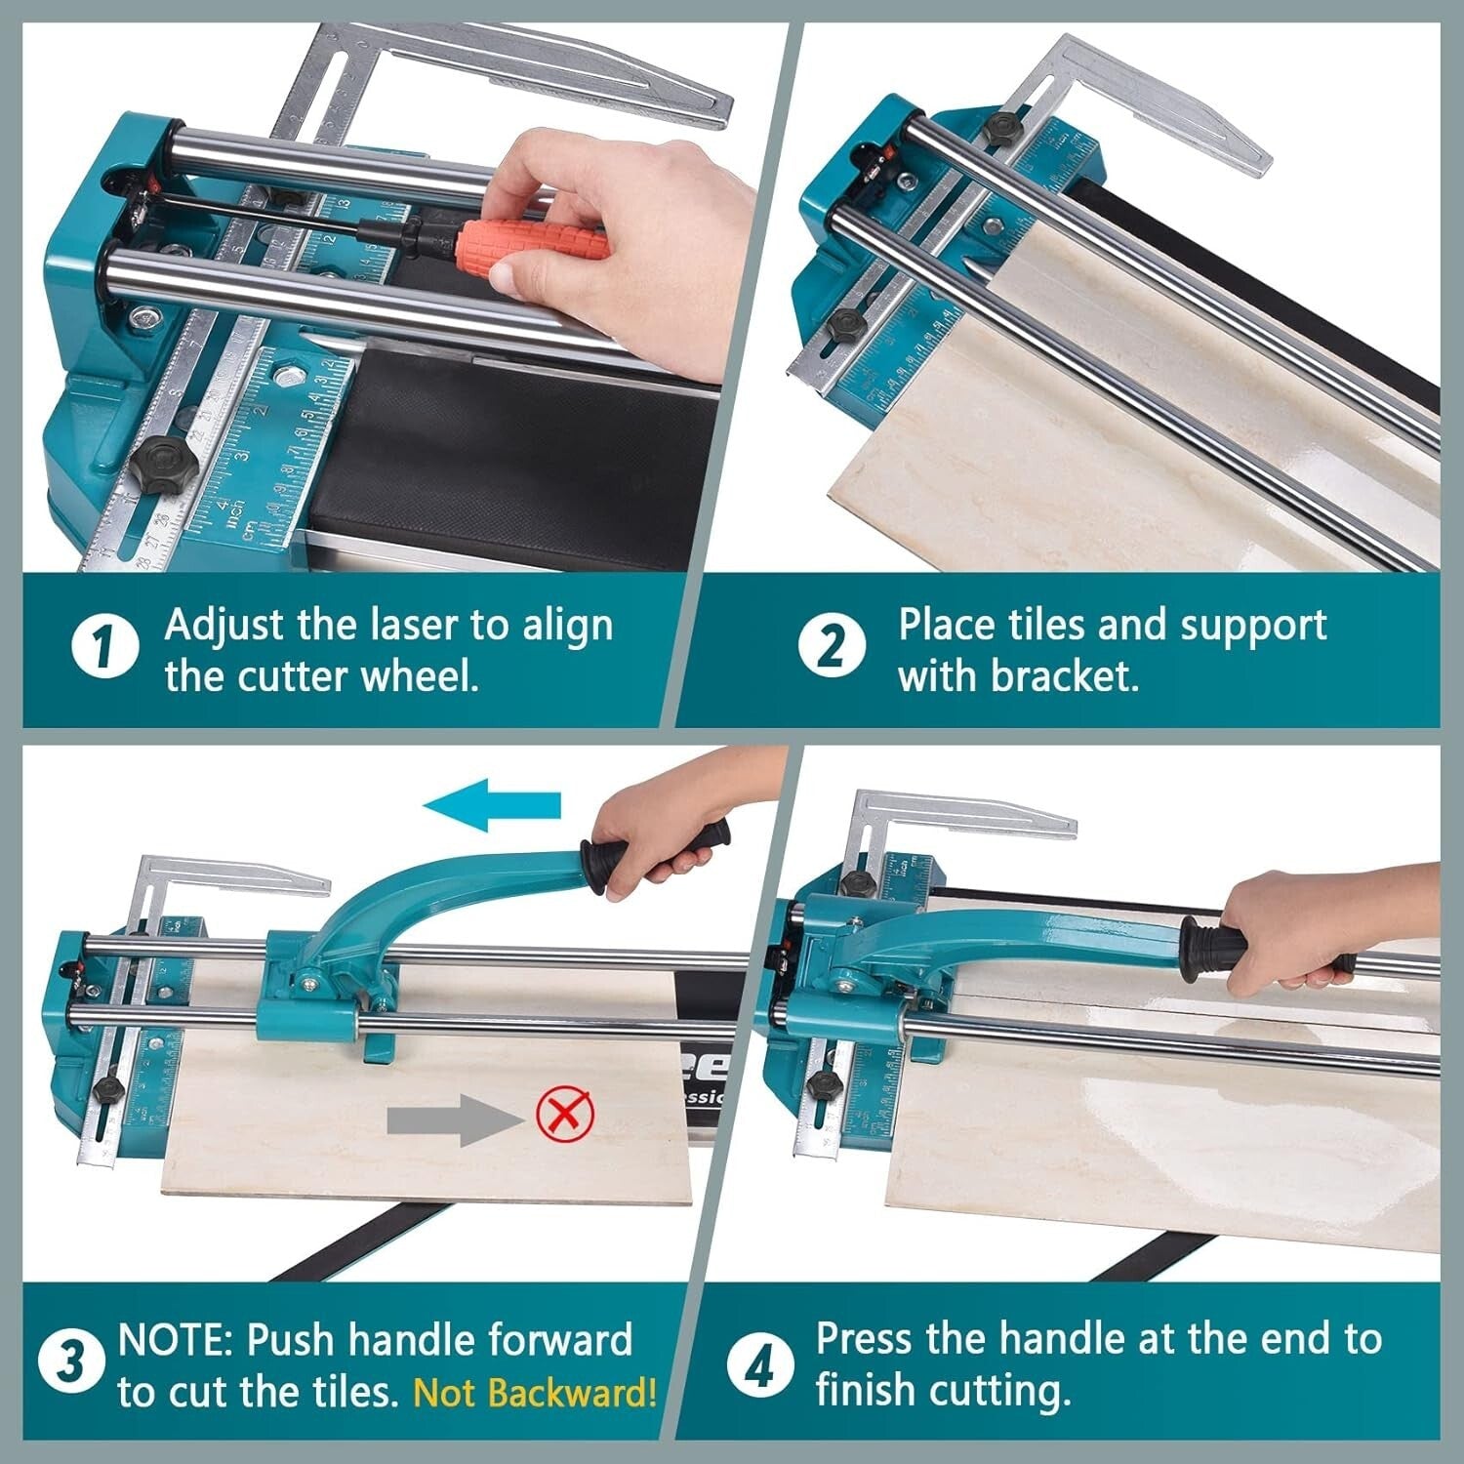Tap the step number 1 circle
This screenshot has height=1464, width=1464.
[104, 647]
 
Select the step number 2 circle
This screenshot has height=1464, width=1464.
[831, 647]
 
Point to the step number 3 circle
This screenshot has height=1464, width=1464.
[70, 1362]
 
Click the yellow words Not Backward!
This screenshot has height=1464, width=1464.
[535, 1393]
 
